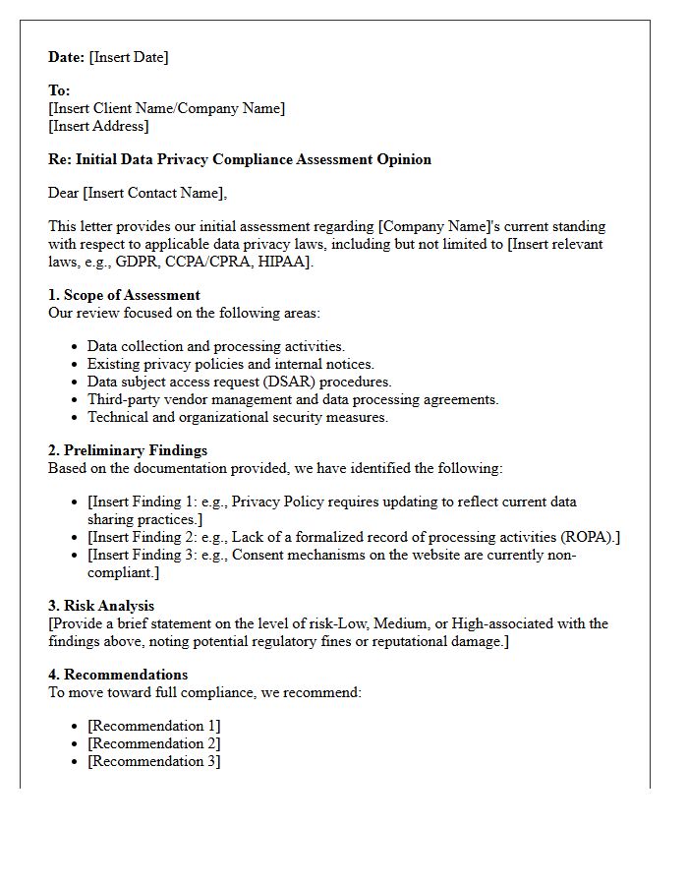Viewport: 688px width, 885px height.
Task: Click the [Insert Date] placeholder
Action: pyautogui.click(x=129, y=57)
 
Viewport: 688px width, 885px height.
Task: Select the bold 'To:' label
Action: pyautogui.click(x=59, y=90)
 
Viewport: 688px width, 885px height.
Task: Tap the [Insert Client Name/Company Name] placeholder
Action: pyautogui.click(x=167, y=108)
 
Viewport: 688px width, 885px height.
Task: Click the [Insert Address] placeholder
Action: pyautogui.click(x=98, y=126)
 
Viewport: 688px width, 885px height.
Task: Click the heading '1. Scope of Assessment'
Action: pyautogui.click(x=124, y=295)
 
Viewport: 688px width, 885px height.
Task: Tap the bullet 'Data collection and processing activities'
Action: pyautogui.click(x=215, y=346)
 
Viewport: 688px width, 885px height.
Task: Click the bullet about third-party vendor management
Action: pyautogui.click(x=293, y=399)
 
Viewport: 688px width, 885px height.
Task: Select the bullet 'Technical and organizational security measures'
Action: pyautogui.click(x=237, y=417)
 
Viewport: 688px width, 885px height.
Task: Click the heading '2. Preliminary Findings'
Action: pyautogui.click(x=128, y=450)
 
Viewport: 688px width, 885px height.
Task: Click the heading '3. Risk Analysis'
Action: pyautogui.click(x=101, y=606)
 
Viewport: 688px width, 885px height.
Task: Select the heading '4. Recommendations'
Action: pyautogui.click(x=118, y=675)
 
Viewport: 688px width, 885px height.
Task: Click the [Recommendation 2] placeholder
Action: pyautogui.click(x=153, y=743)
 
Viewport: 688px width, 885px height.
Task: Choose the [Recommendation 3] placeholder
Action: pyautogui.click(x=153, y=761)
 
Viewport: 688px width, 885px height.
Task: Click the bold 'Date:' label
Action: pyautogui.click(x=67, y=57)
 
